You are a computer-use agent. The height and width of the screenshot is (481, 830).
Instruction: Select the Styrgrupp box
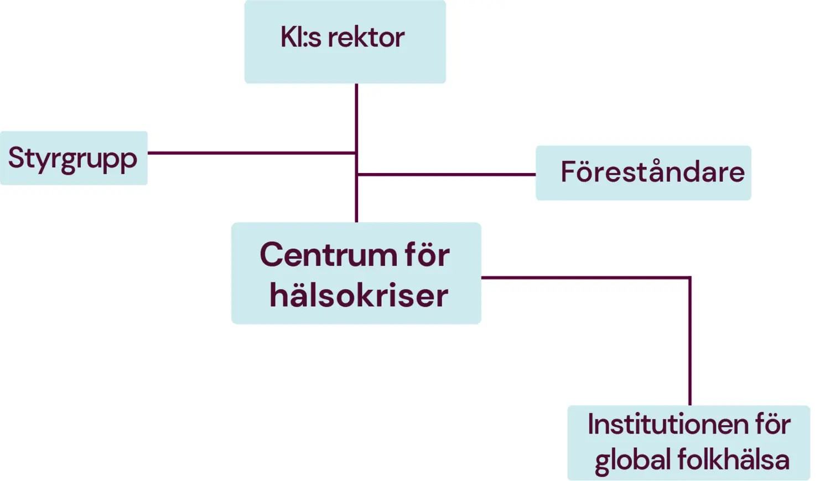coord(73,158)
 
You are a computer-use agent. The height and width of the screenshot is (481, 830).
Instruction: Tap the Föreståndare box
coord(643,172)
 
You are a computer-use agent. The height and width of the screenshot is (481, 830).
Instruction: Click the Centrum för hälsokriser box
coord(356,274)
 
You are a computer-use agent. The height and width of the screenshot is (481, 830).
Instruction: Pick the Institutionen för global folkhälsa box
coord(688,442)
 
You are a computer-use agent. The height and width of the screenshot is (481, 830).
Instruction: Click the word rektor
coord(366,38)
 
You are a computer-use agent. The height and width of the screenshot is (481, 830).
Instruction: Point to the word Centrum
coord(326,255)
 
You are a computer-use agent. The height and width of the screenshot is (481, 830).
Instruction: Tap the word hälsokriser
coord(359,295)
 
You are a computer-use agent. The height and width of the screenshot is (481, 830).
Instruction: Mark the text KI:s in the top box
coord(300,38)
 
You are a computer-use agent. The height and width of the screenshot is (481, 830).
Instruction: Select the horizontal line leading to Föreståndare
coord(445,174)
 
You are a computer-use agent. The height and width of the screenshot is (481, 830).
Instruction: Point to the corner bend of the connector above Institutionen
coord(689,278)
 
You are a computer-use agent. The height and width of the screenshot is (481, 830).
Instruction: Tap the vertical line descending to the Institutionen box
coord(689,343)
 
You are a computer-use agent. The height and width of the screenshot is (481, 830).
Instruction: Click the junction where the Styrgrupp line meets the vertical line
coord(356,153)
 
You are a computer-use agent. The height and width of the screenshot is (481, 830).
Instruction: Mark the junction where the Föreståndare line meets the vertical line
coord(357,174)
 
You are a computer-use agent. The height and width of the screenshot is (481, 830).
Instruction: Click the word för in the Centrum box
coord(427,255)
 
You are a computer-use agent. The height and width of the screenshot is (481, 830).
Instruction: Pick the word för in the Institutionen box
coord(772,425)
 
